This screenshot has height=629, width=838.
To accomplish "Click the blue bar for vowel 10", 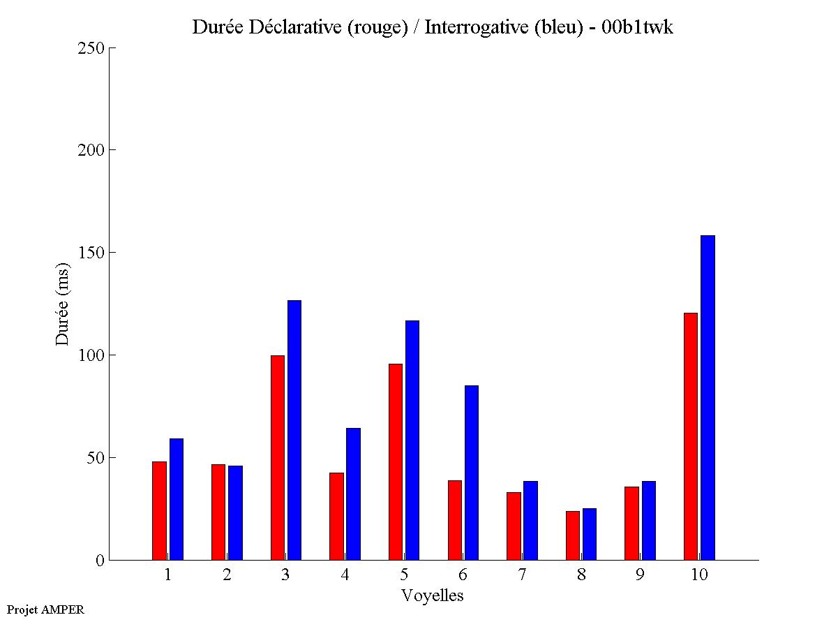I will coord(708,398).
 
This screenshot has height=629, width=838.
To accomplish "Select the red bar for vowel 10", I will coord(691,436).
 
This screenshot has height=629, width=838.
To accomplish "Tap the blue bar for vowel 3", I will coord(294,430).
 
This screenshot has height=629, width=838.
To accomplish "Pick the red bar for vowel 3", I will coord(277,457).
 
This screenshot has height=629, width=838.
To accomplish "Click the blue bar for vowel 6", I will coord(472,473).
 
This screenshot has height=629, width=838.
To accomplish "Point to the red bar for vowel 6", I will coord(454,520).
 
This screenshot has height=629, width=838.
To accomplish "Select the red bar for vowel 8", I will coord(573,535).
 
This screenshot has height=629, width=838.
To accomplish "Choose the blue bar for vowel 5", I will coord(412,440).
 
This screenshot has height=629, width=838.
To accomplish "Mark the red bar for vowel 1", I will coord(159,510).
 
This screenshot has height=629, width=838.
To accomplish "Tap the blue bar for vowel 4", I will coord(353,494).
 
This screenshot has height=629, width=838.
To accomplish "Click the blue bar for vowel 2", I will coord(235,512).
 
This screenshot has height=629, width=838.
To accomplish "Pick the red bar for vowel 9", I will coord(631,523).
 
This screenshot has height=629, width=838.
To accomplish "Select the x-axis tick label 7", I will coord(523,575).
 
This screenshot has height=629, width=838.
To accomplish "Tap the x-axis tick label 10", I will coord(699,575).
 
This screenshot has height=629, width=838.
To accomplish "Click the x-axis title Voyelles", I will coord(433,595).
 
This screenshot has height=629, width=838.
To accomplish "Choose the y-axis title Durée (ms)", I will coord(63,304).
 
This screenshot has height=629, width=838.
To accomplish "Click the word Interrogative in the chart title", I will coord(472,27).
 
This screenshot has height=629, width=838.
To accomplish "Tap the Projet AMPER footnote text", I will coord(45,609).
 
